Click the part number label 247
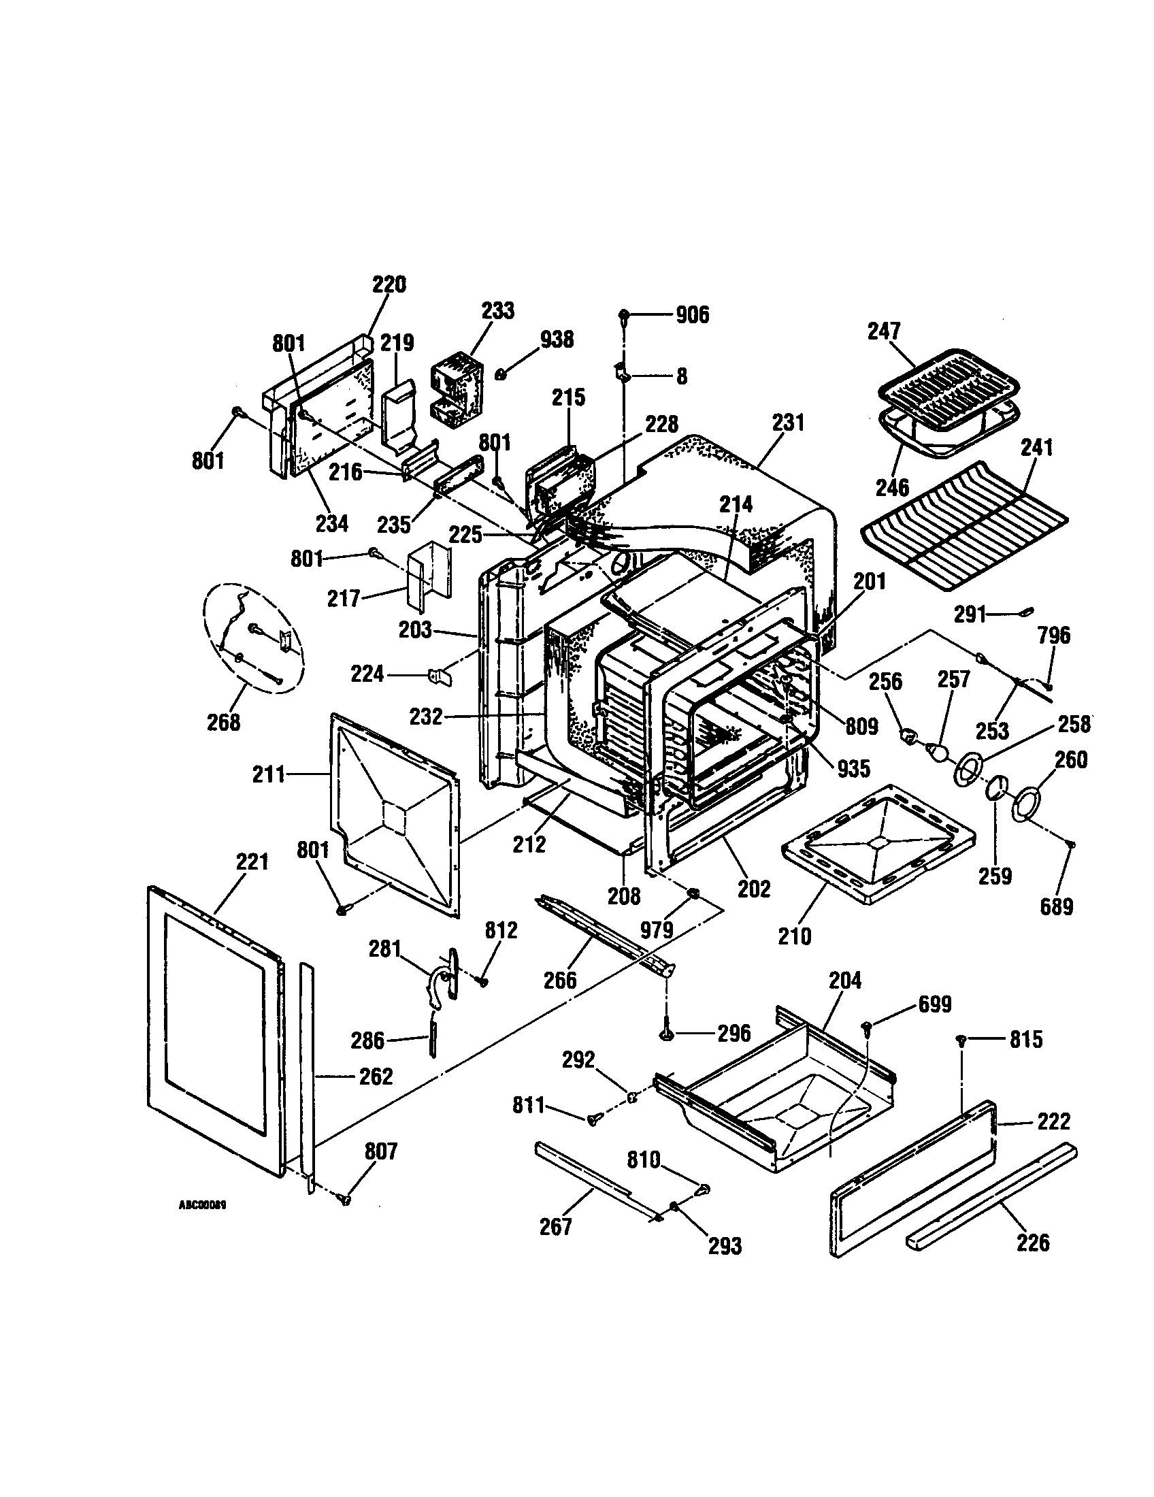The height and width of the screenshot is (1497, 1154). click(884, 331)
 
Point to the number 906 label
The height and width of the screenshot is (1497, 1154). click(692, 315)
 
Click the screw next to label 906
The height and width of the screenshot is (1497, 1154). click(624, 315)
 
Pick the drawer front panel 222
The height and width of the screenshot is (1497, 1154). click(911, 1179)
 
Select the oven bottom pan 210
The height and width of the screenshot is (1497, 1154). click(877, 843)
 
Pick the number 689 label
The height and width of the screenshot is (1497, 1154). click(1056, 906)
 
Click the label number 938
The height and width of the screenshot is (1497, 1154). click(557, 340)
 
